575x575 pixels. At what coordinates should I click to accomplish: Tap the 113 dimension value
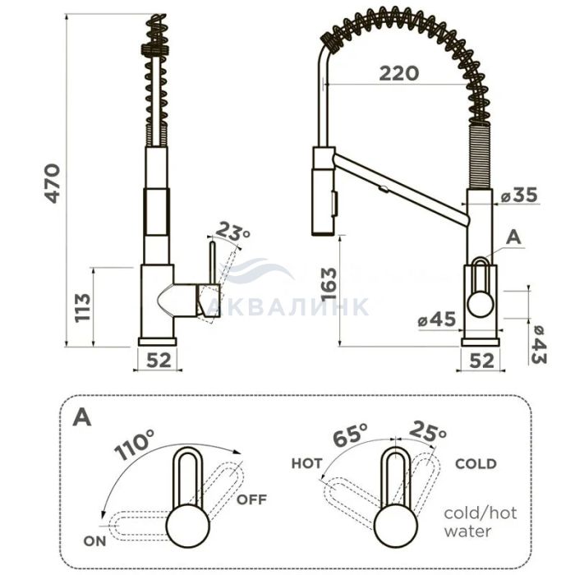click(x=82, y=307)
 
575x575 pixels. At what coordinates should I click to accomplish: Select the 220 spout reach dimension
click(x=398, y=73)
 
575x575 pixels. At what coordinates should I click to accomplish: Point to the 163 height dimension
click(x=329, y=284)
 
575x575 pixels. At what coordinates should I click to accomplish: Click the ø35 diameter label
click(x=519, y=195)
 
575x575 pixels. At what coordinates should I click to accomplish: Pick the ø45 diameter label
click(x=437, y=320)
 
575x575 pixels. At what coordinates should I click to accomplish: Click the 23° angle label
click(x=233, y=232)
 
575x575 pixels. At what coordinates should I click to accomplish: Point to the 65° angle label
click(x=350, y=435)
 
